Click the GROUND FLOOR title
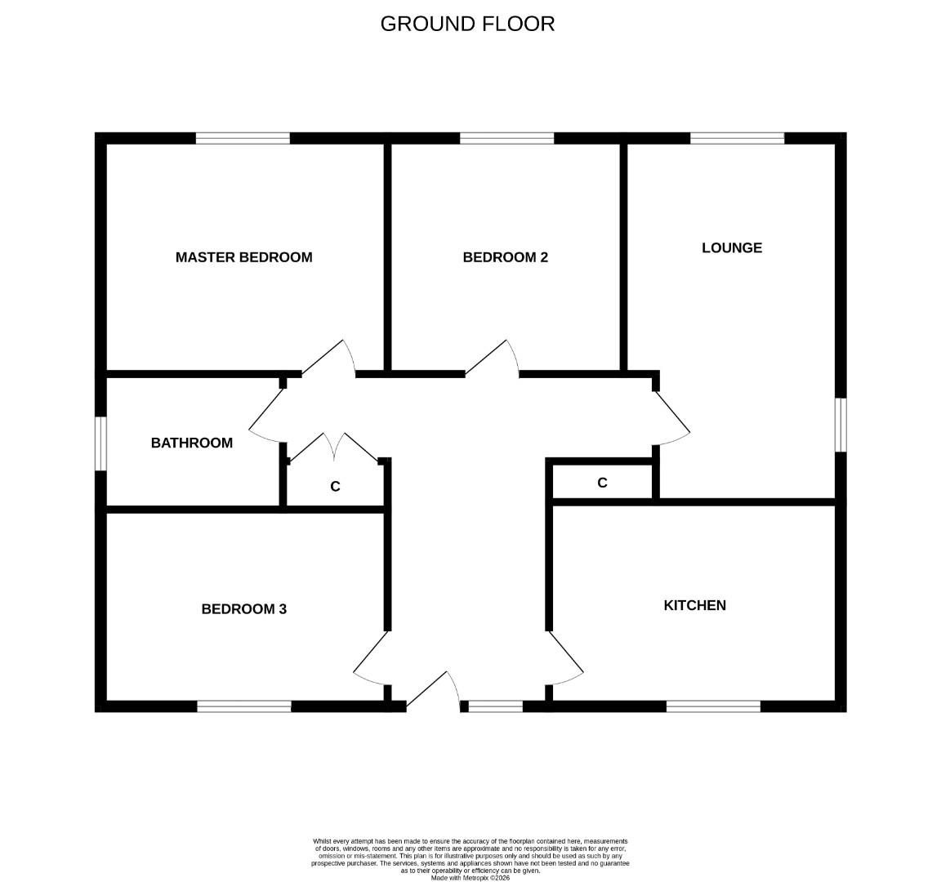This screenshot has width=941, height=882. click(467, 24)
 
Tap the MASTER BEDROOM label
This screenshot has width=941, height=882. click(243, 257)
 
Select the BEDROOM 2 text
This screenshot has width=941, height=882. click(505, 257)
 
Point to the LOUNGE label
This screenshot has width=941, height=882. click(732, 247)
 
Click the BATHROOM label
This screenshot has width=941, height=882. click(192, 443)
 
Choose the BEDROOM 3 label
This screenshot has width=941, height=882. click(243, 608)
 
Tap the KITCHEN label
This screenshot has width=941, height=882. click(694, 605)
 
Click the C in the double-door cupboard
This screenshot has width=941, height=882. click(335, 487)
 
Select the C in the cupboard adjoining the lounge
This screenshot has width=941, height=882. click(602, 483)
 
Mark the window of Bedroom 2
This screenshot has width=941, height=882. click(506, 138)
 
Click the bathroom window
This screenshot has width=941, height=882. click(100, 443)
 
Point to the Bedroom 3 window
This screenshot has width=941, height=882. click(243, 706)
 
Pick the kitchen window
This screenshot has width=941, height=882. click(713, 706)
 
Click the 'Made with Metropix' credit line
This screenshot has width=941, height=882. click(470, 878)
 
